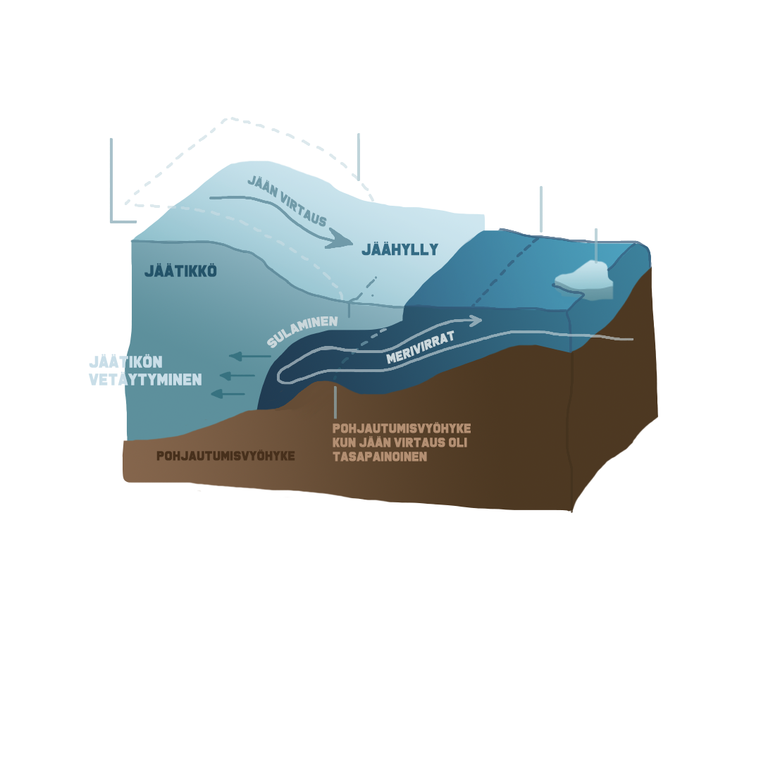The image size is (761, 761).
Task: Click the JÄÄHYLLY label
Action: (x=400, y=249)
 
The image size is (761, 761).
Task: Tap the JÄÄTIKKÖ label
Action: (x=180, y=270)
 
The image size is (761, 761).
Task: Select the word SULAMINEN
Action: (x=302, y=331)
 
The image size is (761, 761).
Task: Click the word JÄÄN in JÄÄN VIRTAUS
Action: (x=263, y=185)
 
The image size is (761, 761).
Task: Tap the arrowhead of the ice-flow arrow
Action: (x=342, y=240)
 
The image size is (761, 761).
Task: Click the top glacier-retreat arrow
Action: (x=249, y=357)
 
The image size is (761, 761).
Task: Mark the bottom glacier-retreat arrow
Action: (x=228, y=393)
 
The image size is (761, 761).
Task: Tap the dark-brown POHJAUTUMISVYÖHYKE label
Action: (x=225, y=456)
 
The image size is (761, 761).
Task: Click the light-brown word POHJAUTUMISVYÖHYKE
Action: (x=401, y=428)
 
